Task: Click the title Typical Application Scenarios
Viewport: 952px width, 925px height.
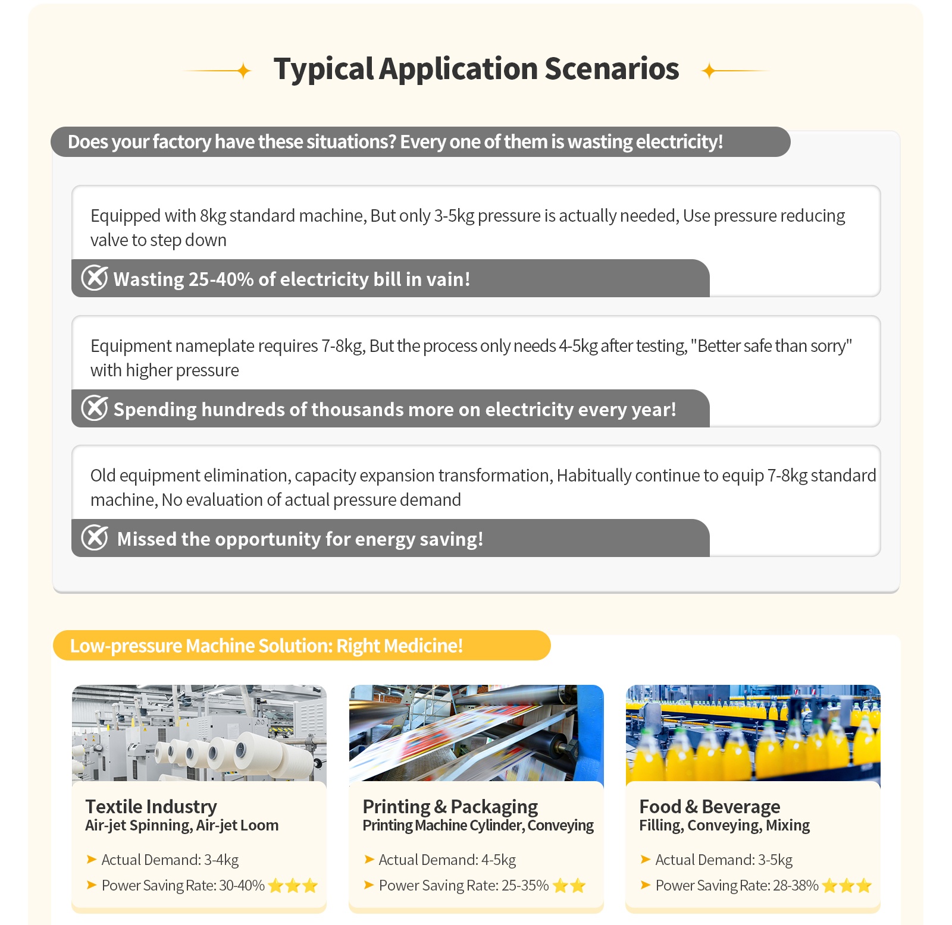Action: coord(476,69)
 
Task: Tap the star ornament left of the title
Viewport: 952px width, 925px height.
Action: coord(243,71)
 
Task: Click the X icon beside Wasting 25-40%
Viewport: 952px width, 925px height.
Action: coord(95,278)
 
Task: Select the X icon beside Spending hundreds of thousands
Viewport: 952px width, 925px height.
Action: coord(95,408)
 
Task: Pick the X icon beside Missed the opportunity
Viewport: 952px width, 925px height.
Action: coord(95,537)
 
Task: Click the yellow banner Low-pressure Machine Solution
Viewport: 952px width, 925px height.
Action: coord(301,646)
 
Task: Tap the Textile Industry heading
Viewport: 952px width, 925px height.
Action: coord(151,806)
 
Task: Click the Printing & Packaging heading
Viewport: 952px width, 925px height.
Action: coord(450,806)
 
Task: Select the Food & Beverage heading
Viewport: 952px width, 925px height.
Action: coord(710,806)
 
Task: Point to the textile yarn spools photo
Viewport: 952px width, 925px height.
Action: coord(199,733)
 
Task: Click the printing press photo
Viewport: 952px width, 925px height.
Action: coord(476,733)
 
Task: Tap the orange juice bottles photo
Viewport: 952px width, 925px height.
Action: coord(753,733)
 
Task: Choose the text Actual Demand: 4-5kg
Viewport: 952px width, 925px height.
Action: coord(447,860)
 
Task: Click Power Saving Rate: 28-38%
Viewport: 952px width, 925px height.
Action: coord(737,886)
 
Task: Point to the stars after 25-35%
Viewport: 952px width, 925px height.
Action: coord(569,886)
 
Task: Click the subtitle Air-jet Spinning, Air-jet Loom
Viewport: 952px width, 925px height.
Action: coord(181,825)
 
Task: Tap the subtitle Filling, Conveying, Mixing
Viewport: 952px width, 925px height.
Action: coord(724,825)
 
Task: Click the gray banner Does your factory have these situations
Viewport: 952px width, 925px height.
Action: coord(395,142)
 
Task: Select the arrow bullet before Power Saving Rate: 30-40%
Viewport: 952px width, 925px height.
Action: coord(92,885)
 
